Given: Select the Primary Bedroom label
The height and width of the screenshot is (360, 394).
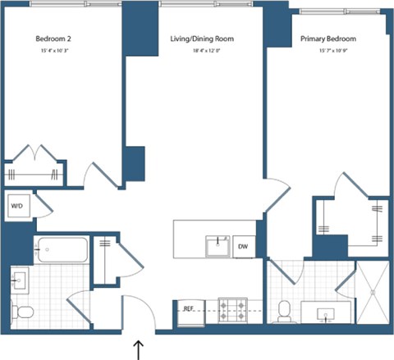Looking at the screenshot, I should (x=326, y=38).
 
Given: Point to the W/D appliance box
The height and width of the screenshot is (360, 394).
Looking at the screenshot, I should (x=17, y=206).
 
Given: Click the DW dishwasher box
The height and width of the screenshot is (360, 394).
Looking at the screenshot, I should (x=243, y=246).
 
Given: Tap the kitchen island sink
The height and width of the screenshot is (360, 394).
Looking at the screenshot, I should (x=218, y=245).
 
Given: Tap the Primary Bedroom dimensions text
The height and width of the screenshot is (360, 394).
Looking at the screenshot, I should (x=326, y=52).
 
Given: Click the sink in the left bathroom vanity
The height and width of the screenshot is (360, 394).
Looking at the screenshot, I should (x=19, y=280).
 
